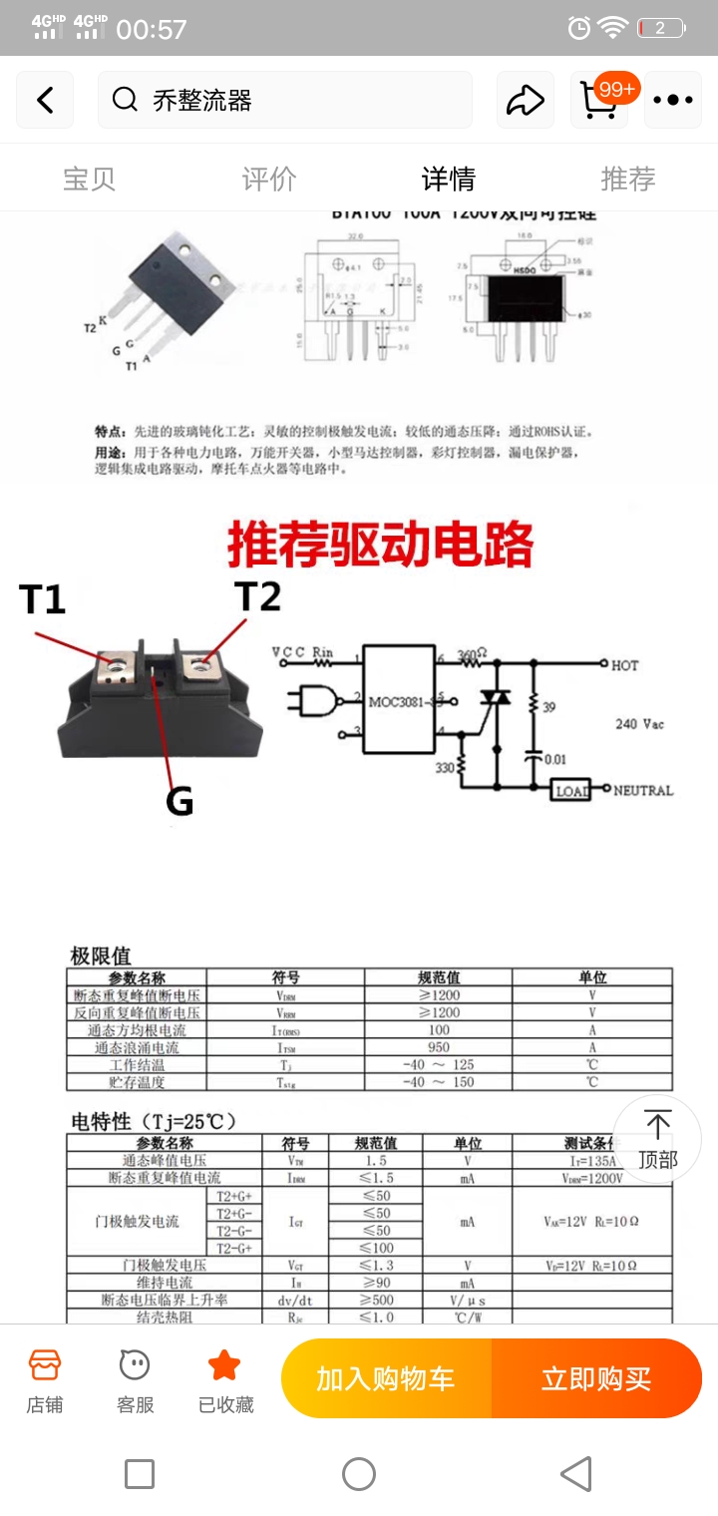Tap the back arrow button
click(45, 100)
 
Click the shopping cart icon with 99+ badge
click(599, 100)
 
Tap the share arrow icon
click(526, 100)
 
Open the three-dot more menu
click(673, 100)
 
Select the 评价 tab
click(269, 179)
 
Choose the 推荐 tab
click(628, 179)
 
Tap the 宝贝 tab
click(90, 179)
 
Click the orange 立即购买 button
click(596, 1378)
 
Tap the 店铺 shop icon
click(45, 1379)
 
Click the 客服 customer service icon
click(135, 1379)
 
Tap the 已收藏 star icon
click(225, 1379)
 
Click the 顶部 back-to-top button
click(657, 1139)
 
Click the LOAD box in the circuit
click(571, 790)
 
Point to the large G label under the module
click(179, 800)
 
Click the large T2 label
click(257, 596)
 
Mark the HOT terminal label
click(625, 664)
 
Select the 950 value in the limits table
click(439, 1047)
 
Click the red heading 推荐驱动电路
click(380, 546)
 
